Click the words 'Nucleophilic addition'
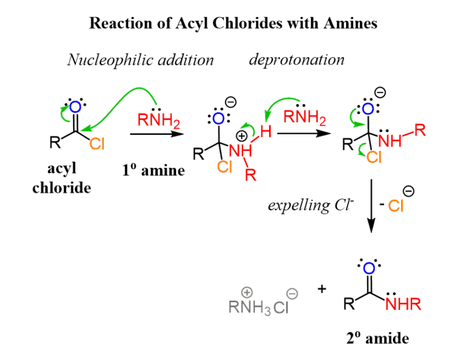point(140,60)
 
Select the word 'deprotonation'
point(296,60)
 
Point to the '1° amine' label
point(153,171)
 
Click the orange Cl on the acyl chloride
point(97,144)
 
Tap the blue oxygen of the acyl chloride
point(75,107)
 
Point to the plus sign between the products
point(322,289)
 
